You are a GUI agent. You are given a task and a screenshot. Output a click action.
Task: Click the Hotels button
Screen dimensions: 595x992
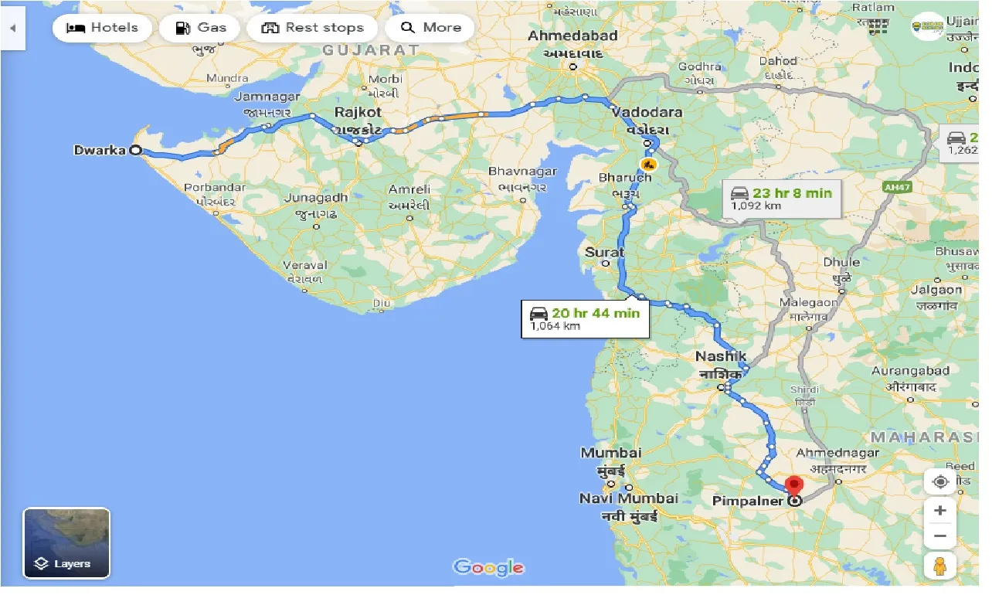click(102, 28)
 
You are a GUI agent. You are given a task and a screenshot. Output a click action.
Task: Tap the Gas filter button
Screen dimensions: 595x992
click(202, 28)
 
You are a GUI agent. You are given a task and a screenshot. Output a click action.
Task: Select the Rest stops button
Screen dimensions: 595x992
click(313, 28)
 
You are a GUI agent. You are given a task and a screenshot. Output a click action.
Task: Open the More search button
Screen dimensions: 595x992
click(431, 28)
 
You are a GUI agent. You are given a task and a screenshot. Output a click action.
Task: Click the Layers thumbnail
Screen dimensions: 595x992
click(66, 543)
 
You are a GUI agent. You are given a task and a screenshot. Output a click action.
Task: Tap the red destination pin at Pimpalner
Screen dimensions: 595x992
click(794, 488)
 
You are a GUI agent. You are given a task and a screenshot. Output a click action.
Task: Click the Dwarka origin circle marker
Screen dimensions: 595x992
click(136, 151)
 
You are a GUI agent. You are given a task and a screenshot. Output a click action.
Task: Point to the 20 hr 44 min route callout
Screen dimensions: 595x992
click(585, 318)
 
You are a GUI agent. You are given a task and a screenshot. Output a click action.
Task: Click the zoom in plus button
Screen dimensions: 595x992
click(940, 511)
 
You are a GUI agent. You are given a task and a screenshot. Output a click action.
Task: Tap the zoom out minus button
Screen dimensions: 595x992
click(940, 535)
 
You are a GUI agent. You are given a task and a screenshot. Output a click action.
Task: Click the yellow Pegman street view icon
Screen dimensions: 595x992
click(940, 566)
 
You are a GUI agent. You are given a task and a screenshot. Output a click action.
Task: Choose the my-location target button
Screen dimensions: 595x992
click(940, 481)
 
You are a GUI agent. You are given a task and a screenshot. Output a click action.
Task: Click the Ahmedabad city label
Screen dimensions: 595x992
click(572, 36)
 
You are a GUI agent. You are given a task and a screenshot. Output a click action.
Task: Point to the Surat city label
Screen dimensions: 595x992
click(604, 252)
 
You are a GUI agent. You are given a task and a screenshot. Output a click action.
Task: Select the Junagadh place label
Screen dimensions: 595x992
click(315, 198)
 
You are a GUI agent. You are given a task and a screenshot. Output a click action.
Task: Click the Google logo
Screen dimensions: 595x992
click(488, 567)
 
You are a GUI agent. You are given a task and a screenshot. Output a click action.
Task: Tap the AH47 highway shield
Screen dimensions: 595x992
click(897, 186)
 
